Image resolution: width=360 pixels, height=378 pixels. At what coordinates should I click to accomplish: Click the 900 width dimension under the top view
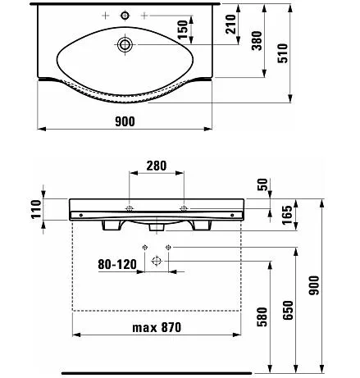[x=125, y=121]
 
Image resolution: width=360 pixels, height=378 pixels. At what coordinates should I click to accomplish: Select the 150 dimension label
[x=183, y=30]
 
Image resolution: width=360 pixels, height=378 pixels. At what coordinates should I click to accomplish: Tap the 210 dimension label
[x=230, y=24]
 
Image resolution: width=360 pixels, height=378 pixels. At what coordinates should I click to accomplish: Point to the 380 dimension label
[x=257, y=41]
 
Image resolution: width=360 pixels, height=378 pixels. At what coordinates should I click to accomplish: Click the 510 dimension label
[x=283, y=53]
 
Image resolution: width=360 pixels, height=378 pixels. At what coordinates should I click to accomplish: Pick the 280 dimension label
[x=157, y=166]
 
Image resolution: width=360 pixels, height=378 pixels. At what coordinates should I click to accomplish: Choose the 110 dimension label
[x=36, y=209]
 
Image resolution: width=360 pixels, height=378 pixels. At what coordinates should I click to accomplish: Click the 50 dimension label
[x=262, y=184]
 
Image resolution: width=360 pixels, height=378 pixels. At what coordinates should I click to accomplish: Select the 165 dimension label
[x=287, y=215]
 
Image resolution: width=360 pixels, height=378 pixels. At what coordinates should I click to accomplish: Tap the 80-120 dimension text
[x=117, y=264]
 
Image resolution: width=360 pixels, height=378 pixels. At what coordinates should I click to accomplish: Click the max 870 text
[x=157, y=327]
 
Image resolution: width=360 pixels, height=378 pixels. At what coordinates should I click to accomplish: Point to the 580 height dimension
[x=262, y=317]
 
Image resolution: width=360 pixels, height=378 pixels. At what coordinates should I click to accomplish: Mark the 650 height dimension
[x=288, y=310]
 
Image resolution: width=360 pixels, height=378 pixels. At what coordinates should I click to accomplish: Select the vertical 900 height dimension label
[x=313, y=285]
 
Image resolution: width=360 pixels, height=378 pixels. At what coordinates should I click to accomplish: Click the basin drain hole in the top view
[x=125, y=44]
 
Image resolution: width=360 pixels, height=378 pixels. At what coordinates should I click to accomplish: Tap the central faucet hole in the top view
[x=125, y=16]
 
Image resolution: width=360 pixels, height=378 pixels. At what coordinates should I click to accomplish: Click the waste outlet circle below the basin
[x=156, y=261]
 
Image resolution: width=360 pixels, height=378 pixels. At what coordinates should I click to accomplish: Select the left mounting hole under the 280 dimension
[x=130, y=208]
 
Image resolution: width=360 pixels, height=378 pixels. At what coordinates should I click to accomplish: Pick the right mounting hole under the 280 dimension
[x=184, y=208]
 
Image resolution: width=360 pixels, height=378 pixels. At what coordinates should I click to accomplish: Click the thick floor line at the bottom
[x=157, y=373]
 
